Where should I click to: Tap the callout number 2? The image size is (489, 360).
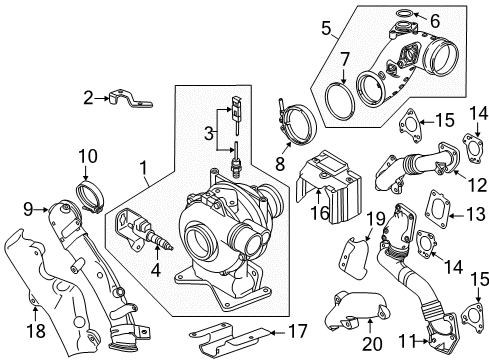(x=88, y=97)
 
